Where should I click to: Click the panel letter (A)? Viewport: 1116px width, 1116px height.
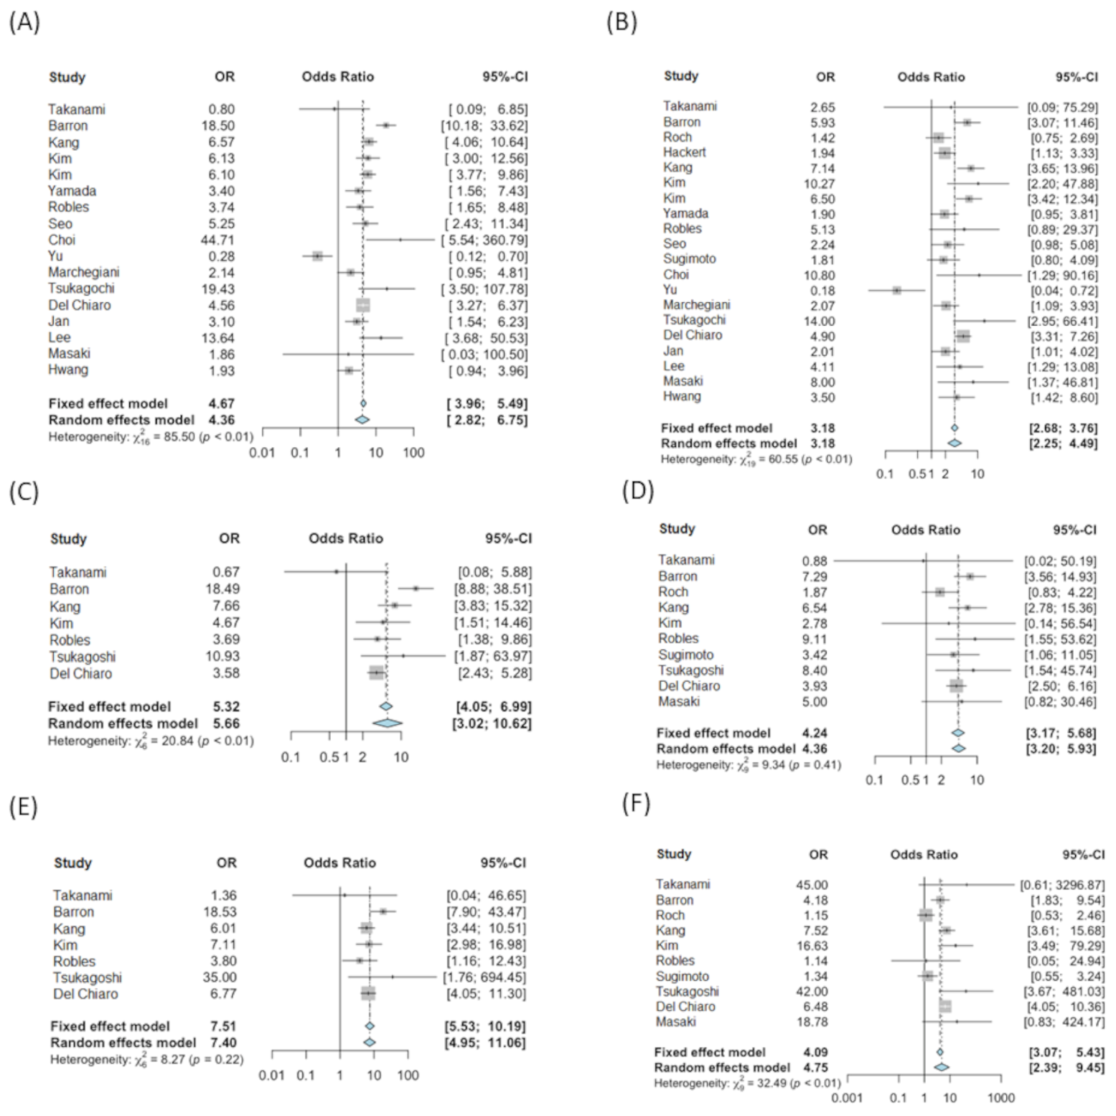[x=24, y=22]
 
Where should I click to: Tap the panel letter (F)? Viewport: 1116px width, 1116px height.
[x=637, y=803]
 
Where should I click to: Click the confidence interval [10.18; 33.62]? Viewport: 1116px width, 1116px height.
[x=484, y=126]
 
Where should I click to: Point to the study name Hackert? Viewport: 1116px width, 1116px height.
[x=684, y=152]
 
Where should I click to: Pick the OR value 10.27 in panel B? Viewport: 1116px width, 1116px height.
[x=819, y=184]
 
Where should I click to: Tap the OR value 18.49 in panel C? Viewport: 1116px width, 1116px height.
[x=222, y=589]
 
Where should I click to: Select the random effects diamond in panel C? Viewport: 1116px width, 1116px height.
[x=387, y=723]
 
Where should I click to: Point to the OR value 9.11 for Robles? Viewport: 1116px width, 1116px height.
[x=814, y=639]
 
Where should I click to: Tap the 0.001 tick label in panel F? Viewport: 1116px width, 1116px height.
[x=847, y=1098]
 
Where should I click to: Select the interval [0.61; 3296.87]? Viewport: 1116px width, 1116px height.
[x=1062, y=885]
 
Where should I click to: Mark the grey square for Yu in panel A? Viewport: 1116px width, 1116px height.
[x=317, y=256]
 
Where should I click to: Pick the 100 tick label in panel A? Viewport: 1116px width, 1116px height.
[x=413, y=453]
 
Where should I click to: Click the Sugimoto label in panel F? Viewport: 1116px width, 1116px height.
[x=682, y=976]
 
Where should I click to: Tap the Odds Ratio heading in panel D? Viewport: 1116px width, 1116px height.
[x=925, y=530]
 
